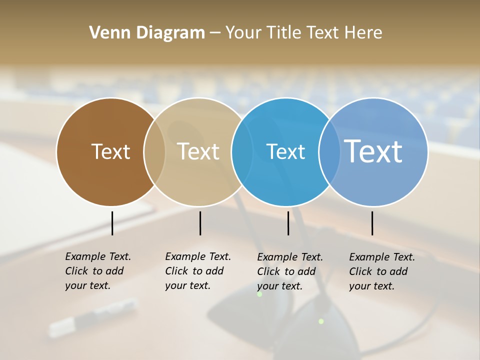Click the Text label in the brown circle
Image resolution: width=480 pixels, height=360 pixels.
[x=110, y=151]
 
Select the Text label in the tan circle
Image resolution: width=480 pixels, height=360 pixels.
[x=198, y=151]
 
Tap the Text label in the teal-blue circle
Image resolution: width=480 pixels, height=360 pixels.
[x=285, y=151]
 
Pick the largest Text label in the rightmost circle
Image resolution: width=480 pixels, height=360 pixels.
[x=373, y=151]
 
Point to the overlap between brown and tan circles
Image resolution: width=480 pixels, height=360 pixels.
[x=154, y=152]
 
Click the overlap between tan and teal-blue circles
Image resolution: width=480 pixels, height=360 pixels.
[x=242, y=152]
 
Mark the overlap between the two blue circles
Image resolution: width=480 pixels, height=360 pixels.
[x=329, y=152]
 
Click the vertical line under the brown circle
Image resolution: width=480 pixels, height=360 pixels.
[x=112, y=223]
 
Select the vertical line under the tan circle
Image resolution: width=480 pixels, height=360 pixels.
[x=200, y=223]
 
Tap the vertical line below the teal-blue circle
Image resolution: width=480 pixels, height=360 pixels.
[x=288, y=223]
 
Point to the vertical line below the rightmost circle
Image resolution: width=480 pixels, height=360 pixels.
[x=372, y=223]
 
